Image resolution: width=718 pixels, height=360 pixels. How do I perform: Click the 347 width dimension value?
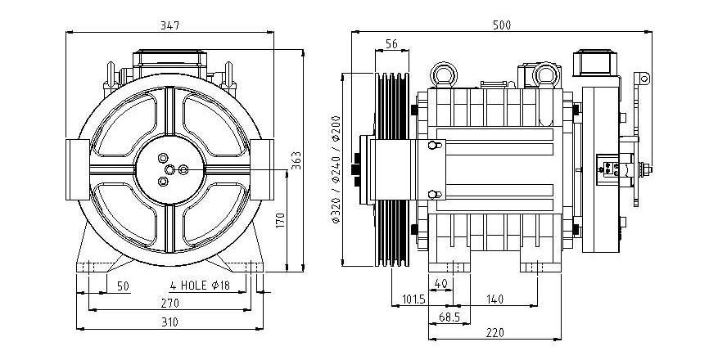[169, 25]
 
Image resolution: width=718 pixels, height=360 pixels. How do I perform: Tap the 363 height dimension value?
[296, 160]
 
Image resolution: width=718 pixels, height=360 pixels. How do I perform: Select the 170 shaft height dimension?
[281, 220]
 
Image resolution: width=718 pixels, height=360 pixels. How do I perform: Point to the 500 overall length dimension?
[501, 25]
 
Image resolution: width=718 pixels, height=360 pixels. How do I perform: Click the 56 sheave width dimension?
[391, 44]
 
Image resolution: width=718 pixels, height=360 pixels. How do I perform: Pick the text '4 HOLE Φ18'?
[200, 286]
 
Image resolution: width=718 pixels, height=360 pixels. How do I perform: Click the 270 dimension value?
[169, 303]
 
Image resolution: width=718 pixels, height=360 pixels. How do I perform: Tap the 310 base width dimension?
[169, 322]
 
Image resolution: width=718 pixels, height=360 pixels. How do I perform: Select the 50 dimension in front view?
[123, 286]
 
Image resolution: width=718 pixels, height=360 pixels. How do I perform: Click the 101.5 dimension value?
[414, 299]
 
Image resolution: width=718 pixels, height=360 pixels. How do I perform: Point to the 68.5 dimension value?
[449, 317]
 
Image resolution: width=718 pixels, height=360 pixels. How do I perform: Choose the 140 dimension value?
[495, 299]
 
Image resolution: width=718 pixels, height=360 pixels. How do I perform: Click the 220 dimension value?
[495, 332]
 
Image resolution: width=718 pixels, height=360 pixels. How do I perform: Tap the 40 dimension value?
[440, 284]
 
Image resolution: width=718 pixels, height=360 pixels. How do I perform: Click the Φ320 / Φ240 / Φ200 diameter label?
[336, 169]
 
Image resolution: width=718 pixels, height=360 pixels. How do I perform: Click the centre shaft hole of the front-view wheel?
[170, 169]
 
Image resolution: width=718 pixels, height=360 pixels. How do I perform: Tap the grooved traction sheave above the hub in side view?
[392, 106]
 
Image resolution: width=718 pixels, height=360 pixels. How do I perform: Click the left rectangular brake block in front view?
[78, 169]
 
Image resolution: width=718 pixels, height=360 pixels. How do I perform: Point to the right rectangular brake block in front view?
[262, 169]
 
